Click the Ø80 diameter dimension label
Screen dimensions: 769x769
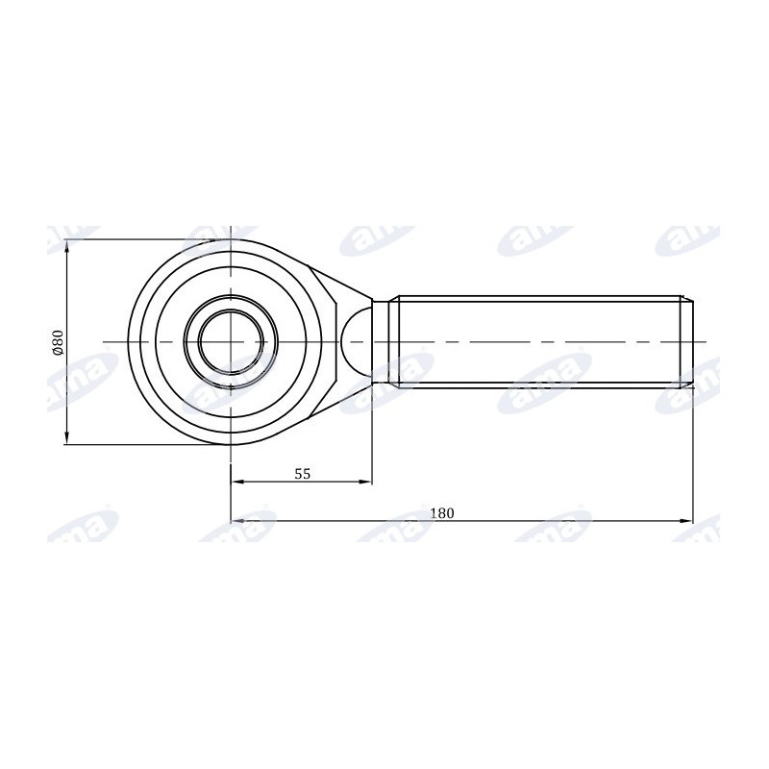pos(59,342)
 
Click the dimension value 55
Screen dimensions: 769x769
pos(303,474)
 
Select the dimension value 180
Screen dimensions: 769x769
pos(442,513)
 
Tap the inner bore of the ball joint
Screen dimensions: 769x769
pos(231,342)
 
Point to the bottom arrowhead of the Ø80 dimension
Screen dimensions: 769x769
pos(67,437)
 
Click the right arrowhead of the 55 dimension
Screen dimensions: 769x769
pos(366,482)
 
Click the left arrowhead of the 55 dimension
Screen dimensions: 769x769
pos(237,482)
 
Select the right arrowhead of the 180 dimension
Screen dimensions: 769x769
pos(686,521)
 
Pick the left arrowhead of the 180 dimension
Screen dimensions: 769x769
pos(237,521)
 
